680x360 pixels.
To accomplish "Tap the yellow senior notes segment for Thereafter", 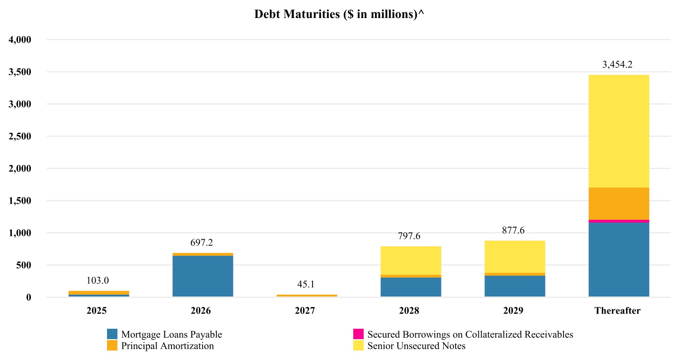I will click(618, 131).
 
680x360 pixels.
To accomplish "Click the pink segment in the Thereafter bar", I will click(618, 221).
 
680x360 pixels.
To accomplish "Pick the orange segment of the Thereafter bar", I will click(618, 204).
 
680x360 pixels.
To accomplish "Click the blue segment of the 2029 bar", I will click(515, 286).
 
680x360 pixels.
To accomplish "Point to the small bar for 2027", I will click(307, 296).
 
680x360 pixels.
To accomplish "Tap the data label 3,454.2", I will click(617, 65).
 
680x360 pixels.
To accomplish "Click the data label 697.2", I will click(201, 243).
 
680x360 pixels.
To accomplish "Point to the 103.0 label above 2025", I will click(98, 280).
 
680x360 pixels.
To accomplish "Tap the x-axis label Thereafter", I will click(617, 311).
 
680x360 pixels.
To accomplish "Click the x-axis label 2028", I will click(409, 311).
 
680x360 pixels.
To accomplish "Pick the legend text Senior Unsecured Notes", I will click(416, 346).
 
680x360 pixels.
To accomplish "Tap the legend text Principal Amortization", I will click(167, 346).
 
